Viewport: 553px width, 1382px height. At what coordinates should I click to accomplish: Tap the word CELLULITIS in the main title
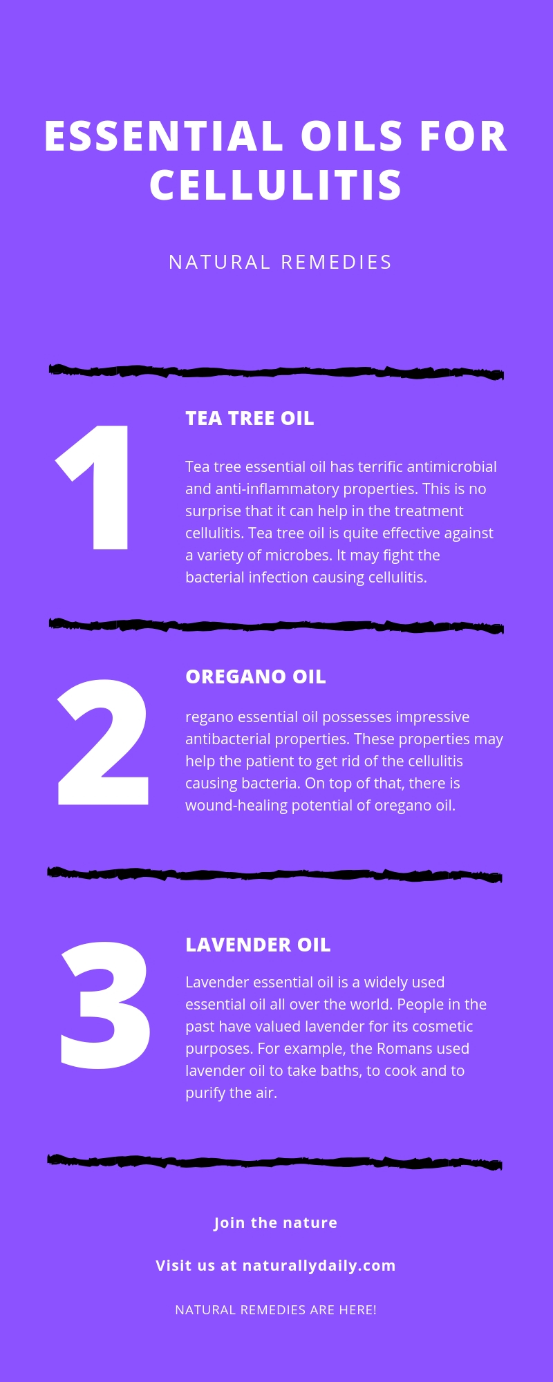[x=276, y=185]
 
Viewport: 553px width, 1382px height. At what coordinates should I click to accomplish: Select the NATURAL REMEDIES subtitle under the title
[x=280, y=263]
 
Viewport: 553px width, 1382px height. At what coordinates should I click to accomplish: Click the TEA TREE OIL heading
[x=250, y=419]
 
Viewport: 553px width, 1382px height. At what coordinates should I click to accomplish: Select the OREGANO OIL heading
[x=255, y=677]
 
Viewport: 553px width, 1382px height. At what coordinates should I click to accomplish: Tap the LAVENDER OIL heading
[x=258, y=945]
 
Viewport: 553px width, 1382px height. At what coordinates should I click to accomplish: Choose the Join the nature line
[x=275, y=1223]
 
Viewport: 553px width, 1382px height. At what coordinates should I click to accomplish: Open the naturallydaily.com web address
[x=319, y=1266]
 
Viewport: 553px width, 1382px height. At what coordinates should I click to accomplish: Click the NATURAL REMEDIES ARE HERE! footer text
[x=276, y=1310]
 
